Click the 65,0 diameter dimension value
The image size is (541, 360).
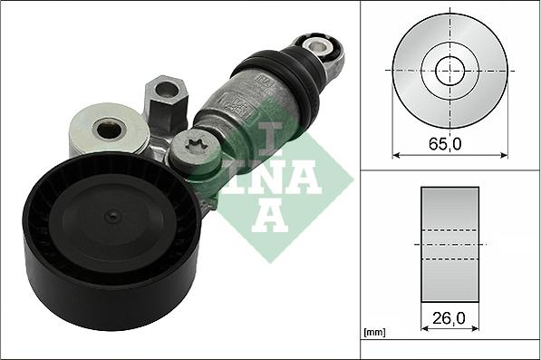[445, 143]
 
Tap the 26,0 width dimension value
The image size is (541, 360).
[449, 318]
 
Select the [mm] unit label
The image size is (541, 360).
[374, 333]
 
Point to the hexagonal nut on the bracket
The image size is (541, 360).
[167, 98]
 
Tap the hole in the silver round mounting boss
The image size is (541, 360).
[109, 130]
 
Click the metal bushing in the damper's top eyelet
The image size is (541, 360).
[315, 46]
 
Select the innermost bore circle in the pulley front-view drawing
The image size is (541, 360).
[449, 71]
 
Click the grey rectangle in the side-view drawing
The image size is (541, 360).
[449, 244]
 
